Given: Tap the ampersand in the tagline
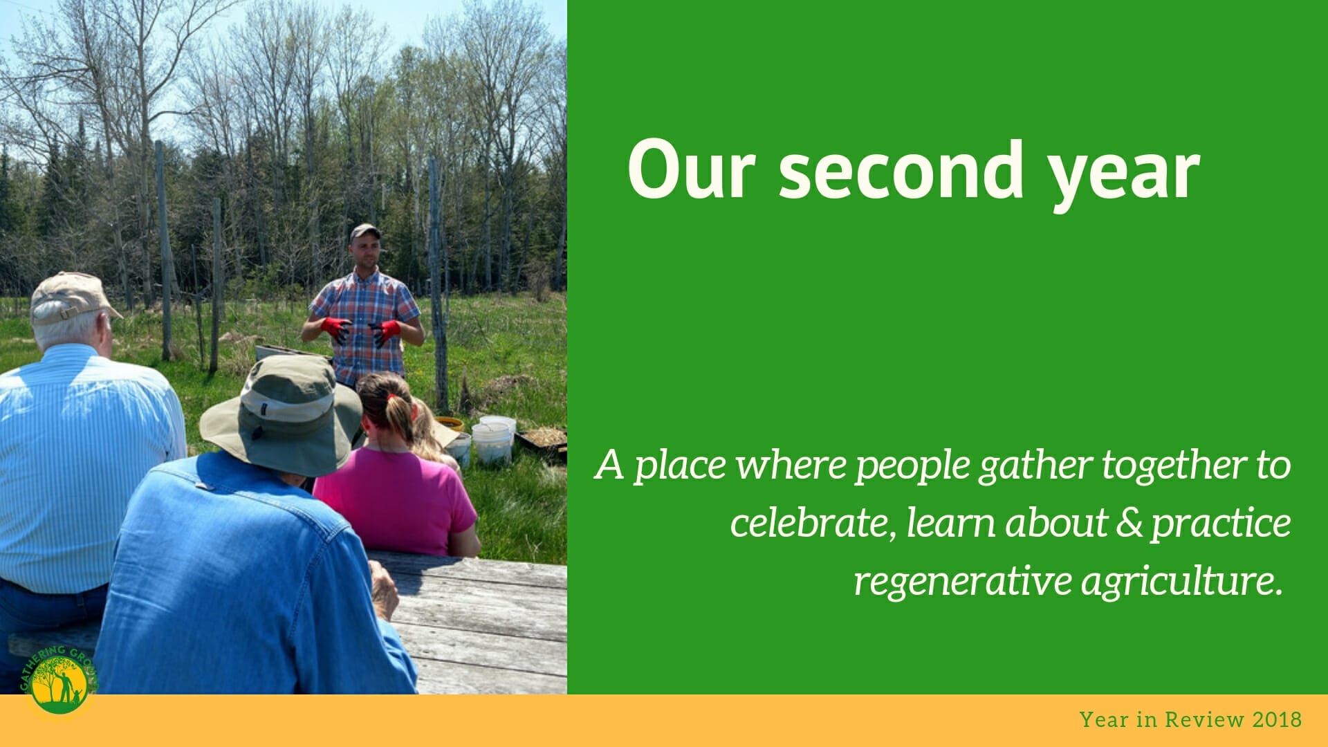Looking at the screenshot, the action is click(1129, 523).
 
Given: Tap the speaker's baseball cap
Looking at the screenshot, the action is click(365, 231).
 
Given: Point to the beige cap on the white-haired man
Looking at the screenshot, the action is click(71, 297).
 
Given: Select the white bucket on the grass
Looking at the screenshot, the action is click(492, 443).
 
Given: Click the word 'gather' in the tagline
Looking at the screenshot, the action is click(1034, 465).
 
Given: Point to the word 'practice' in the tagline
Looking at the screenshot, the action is click(1221, 524).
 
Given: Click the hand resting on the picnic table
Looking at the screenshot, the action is click(384, 589).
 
